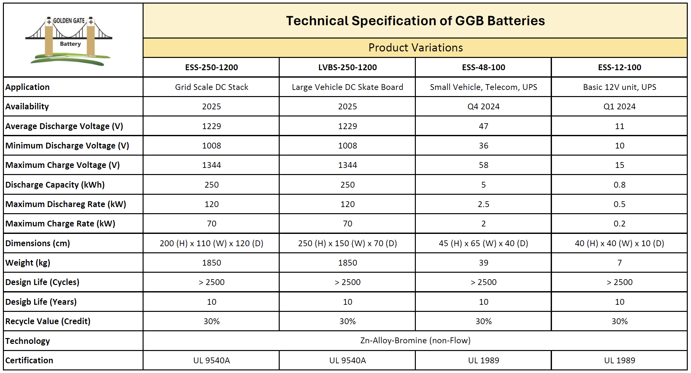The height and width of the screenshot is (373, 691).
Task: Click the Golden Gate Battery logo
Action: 69,40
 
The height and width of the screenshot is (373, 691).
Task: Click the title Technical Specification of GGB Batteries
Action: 415,21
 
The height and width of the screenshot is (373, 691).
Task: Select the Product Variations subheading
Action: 415,48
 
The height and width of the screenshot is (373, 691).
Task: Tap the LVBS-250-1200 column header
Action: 347,67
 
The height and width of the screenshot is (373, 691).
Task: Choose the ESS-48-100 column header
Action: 483,67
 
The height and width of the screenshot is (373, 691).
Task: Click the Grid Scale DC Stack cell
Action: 211,87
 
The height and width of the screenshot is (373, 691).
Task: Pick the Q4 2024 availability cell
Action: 483,106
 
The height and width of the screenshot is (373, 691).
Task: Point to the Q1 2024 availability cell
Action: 619,106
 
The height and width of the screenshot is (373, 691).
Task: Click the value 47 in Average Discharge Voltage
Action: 483,126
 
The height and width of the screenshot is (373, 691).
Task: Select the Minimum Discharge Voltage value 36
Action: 483,146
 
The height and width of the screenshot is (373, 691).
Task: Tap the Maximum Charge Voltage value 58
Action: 483,165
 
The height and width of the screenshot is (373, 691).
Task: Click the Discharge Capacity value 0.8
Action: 619,185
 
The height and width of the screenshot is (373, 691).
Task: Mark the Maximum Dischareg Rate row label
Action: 66,204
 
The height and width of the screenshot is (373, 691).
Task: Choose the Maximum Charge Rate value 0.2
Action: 619,224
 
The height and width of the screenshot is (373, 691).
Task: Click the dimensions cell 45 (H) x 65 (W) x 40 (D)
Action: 483,243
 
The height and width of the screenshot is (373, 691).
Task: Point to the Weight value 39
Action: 483,263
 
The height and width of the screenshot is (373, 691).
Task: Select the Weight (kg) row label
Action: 28,263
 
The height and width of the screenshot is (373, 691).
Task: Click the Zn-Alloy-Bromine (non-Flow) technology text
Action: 415,340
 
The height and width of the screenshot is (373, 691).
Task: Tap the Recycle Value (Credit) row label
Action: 48,321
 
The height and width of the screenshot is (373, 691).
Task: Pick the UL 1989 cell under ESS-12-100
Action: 619,360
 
